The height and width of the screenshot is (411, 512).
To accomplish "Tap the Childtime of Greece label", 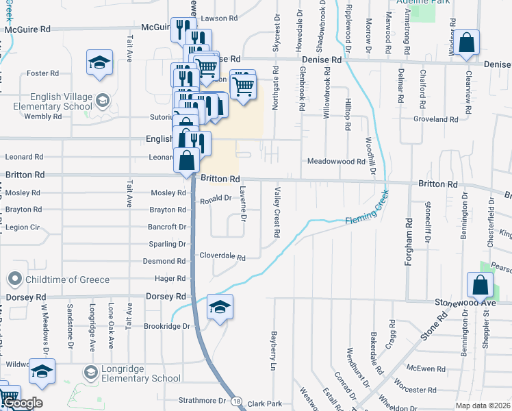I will point(67,279).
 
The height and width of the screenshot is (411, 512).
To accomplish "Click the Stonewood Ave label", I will point(465,301).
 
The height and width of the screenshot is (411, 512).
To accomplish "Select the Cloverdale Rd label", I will point(222,257).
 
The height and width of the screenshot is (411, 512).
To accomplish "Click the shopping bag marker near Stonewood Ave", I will point(480,285).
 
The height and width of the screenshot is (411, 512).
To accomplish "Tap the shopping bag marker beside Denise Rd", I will point(467,43).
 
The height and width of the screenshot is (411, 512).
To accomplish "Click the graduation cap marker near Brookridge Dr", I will point(220,306).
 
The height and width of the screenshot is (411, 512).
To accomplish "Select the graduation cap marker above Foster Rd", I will point(99,62).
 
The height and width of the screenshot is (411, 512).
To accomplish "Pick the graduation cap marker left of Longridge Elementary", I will point(42,371).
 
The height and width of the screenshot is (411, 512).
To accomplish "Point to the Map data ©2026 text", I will point(483,406).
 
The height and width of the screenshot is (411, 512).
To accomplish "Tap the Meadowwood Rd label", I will point(336,162).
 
